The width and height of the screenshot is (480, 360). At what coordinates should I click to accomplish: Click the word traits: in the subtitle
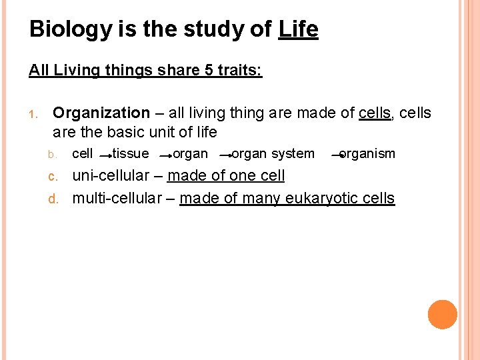coord(239,70)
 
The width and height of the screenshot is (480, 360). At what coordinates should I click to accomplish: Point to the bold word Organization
coord(101,113)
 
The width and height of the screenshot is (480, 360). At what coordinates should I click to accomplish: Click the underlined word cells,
coord(375,113)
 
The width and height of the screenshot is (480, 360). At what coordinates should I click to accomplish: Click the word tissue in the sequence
coord(131,154)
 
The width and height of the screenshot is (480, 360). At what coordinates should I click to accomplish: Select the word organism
coord(367,154)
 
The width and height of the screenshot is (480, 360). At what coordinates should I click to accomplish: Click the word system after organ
coord(293,154)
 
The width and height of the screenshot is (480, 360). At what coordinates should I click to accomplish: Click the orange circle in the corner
coord(442,315)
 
